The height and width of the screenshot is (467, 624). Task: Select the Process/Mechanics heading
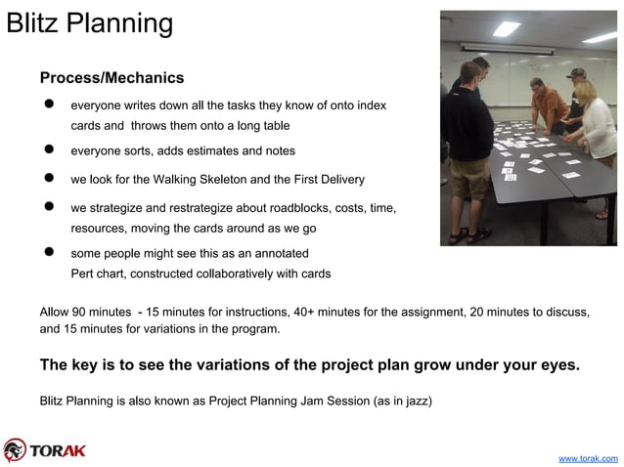click(x=111, y=77)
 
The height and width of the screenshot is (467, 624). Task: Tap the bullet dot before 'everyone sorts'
click(x=46, y=150)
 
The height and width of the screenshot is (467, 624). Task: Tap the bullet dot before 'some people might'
click(x=46, y=252)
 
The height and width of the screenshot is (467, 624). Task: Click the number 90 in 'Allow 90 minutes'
click(x=83, y=312)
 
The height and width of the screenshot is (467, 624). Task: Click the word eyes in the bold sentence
click(x=557, y=365)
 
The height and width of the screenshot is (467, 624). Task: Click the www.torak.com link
click(x=587, y=457)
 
